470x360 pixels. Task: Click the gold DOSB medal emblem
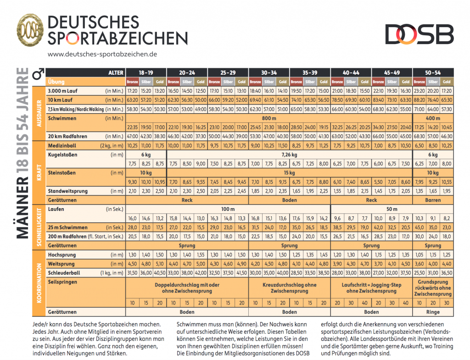pos(30,30)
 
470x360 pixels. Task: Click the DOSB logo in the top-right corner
pos(420,34)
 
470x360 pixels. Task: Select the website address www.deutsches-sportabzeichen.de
pos(102,54)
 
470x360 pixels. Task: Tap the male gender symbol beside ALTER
pos(39,74)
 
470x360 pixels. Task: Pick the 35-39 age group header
pos(310,73)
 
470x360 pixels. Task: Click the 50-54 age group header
pos(433,73)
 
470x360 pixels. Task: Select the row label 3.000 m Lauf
pos(62,91)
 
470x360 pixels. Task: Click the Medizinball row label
pos(62,145)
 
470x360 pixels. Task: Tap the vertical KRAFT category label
pos(39,172)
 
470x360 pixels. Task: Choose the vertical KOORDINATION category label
pos(39,283)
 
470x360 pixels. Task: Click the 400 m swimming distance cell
pos(433,118)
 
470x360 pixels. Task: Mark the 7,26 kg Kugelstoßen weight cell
pos(290,155)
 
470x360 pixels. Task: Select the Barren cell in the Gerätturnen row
pos(433,200)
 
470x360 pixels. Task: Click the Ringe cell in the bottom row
pos(433,312)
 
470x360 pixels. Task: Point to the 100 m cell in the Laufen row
pos(228,209)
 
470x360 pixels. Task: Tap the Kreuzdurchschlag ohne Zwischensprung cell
pos(290,288)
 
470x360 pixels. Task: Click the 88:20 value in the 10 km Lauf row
pos(419,100)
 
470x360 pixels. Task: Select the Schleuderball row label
pos(64,273)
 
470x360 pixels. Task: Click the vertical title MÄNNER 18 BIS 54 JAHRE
pos(22,153)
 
